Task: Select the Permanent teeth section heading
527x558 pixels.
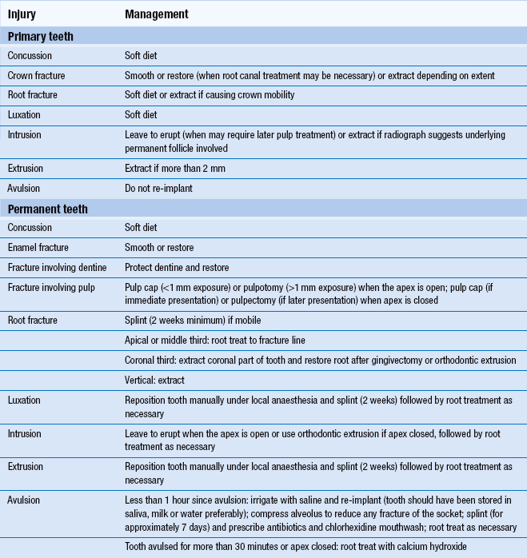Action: coord(48,209)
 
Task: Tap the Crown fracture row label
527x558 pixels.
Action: coord(37,75)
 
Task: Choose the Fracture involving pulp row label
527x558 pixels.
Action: coord(54,287)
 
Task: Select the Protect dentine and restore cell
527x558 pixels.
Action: coord(177,267)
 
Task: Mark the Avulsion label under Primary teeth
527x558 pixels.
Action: coord(26,189)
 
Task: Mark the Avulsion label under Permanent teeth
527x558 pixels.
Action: coord(26,500)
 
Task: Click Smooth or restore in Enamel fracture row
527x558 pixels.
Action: coord(159,247)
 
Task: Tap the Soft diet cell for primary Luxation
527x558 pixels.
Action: coord(141,114)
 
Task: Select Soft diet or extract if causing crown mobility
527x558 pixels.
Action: coord(210,94)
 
